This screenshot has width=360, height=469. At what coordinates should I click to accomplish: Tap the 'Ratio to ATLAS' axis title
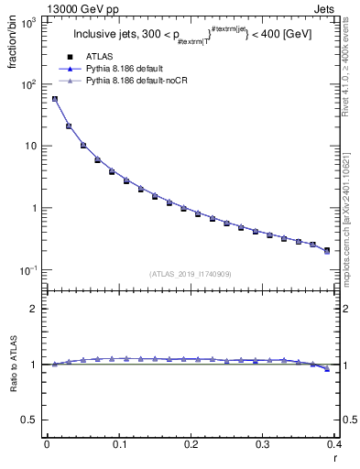pyautogui.click(x=14, y=364)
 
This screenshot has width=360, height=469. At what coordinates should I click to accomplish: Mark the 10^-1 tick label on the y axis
pyautogui.click(x=30, y=270)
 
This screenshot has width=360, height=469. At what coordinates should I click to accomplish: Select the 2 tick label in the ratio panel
pyautogui.click(x=34, y=309)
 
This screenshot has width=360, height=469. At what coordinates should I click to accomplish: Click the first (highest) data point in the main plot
pyautogui.click(x=54, y=99)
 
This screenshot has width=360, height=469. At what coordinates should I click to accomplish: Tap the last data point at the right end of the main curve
pyautogui.click(x=327, y=250)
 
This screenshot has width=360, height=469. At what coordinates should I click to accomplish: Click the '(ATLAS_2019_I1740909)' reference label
pyautogui.click(x=190, y=274)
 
